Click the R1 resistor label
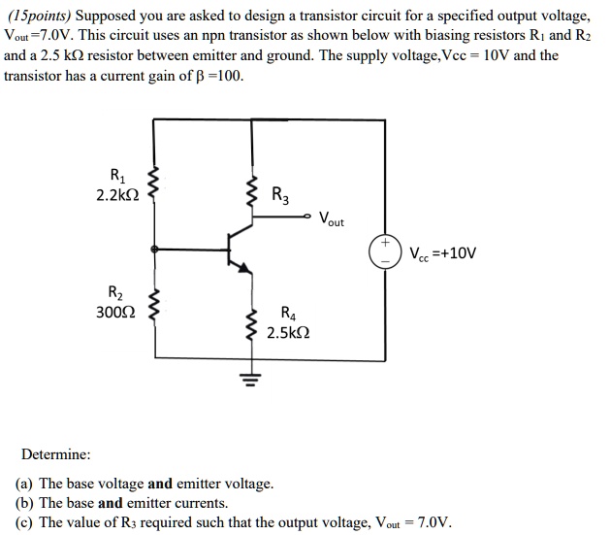[x=117, y=177]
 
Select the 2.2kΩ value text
[x=118, y=195]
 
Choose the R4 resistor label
[x=288, y=313]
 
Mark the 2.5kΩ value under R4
[x=289, y=332]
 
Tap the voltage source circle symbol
[x=383, y=251]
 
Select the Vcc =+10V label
[x=442, y=255]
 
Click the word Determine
[x=56, y=453]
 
